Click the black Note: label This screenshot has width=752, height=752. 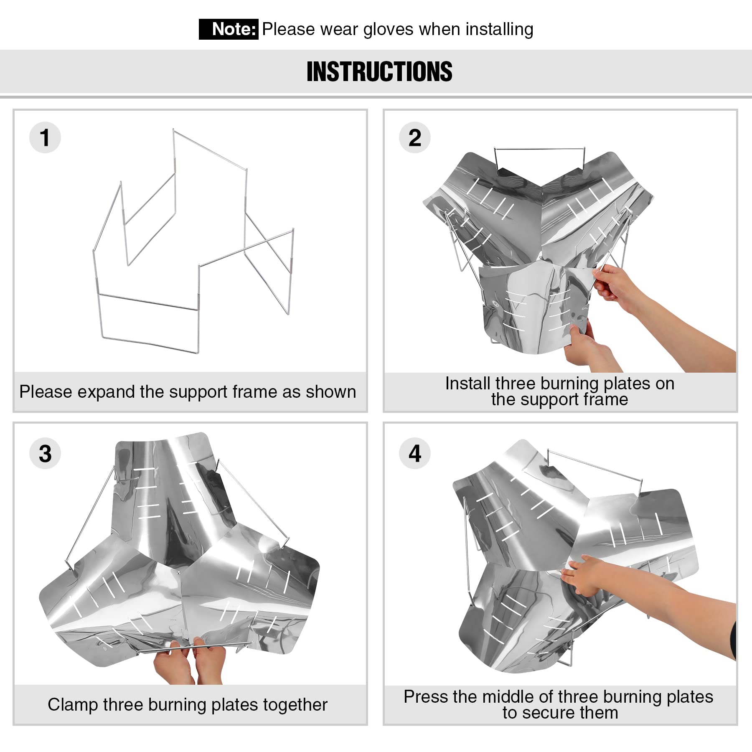pyautogui.click(x=229, y=29)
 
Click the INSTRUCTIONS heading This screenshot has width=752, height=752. pyautogui.click(x=379, y=71)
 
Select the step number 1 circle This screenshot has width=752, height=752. pyautogui.click(x=45, y=137)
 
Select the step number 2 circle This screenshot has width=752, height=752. pyautogui.click(x=415, y=137)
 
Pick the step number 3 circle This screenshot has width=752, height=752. pyautogui.click(x=45, y=453)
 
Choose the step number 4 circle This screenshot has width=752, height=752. pyautogui.click(x=415, y=453)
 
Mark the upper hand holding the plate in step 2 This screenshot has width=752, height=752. pyautogui.click(x=614, y=284)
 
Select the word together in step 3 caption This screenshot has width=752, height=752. pyautogui.click(x=295, y=705)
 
